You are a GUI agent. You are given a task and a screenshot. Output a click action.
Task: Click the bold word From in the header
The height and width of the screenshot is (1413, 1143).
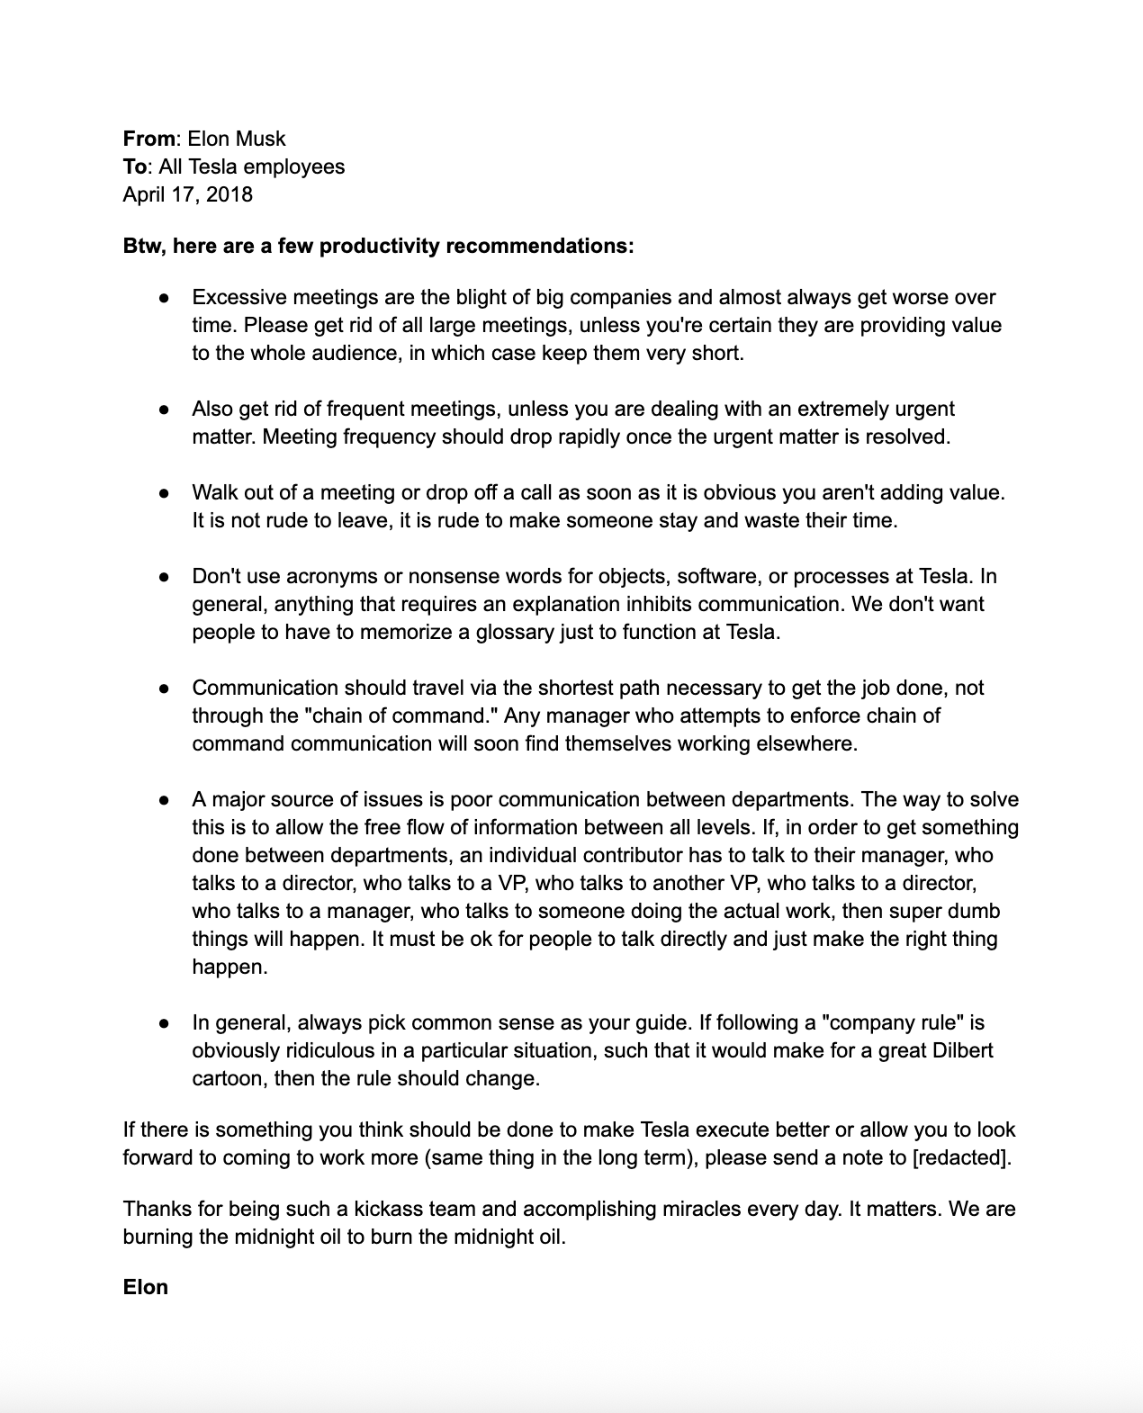click(148, 139)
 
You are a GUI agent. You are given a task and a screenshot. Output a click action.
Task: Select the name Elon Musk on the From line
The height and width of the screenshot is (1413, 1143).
click(237, 139)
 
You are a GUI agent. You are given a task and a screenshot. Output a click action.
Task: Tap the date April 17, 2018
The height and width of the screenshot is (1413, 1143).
click(187, 194)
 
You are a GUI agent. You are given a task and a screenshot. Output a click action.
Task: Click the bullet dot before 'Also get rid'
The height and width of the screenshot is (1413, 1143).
click(164, 409)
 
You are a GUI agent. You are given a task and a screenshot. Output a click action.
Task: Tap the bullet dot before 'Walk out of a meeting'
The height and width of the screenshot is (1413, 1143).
click(164, 492)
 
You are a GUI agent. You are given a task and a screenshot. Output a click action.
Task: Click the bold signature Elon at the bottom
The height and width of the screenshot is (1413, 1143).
click(146, 1287)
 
